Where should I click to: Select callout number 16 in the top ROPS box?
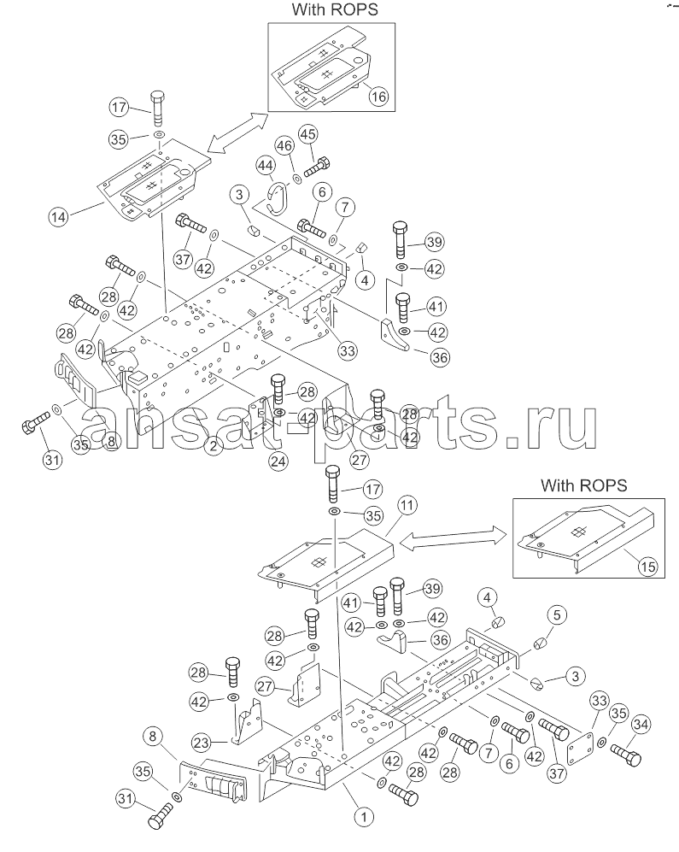pos(378,97)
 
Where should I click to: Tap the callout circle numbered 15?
pos(647,567)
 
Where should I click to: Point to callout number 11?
pos(407,505)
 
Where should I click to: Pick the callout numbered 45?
pos(308,134)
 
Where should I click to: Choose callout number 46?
pos(284,145)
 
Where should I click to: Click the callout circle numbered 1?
pos(364,816)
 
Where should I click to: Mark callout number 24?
pos(278,461)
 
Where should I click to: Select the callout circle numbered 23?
pos(202,742)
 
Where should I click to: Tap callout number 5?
pos(557,614)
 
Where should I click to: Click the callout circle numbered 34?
pos(641,725)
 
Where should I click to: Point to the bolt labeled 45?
pos(317,166)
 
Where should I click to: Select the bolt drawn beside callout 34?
pos(626,755)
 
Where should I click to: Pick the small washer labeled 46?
pos(296,179)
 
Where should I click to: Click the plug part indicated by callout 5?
pos(541,643)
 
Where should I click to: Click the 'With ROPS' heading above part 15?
pos(583,485)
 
